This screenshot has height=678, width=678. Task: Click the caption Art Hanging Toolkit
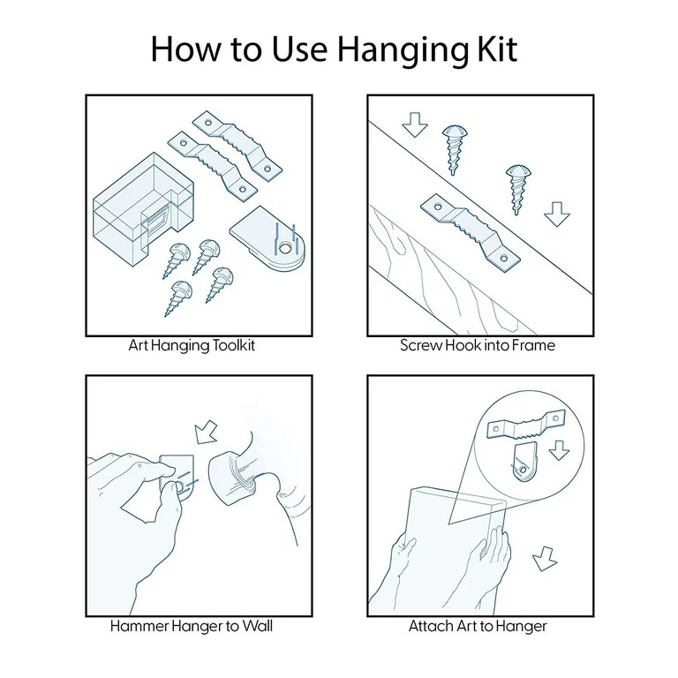[x=192, y=346]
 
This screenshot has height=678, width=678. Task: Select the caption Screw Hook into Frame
[x=478, y=345]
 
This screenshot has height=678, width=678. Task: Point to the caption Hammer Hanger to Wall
[x=192, y=626]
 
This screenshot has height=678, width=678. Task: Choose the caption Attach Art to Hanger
[x=478, y=626]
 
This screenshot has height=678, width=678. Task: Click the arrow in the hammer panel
[x=206, y=432]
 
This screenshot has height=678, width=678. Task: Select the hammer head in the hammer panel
[x=232, y=478]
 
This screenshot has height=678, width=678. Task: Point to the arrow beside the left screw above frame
[x=415, y=124]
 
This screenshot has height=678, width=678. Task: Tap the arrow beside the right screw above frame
[x=557, y=214]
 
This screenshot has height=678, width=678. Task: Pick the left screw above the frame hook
[x=454, y=149]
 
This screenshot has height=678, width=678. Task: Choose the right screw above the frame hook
[x=517, y=189]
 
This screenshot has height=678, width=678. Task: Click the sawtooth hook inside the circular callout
[x=526, y=425]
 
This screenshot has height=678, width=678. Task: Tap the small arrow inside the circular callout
[x=559, y=450]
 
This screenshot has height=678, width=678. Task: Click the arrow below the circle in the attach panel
[x=545, y=559]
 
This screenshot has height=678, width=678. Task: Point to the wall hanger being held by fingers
[x=178, y=477]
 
